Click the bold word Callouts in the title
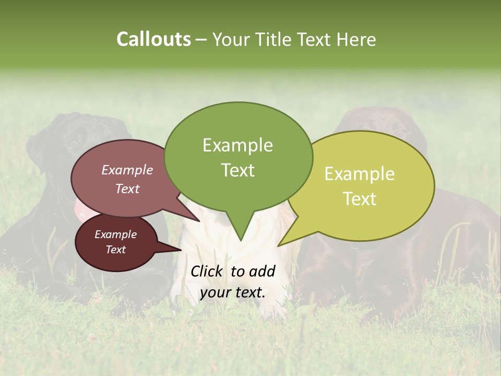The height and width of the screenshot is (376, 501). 153,39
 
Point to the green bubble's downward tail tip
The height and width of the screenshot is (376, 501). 240,240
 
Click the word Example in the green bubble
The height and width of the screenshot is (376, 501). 237,145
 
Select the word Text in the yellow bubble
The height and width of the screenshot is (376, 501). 360,199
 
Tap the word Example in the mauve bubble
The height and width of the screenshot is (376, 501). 127,170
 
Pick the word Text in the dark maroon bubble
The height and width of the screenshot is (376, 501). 115,250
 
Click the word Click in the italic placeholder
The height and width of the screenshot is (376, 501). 207,271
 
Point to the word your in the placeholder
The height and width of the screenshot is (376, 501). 214,293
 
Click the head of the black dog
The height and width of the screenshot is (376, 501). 73,141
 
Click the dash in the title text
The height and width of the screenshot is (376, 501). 202,40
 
